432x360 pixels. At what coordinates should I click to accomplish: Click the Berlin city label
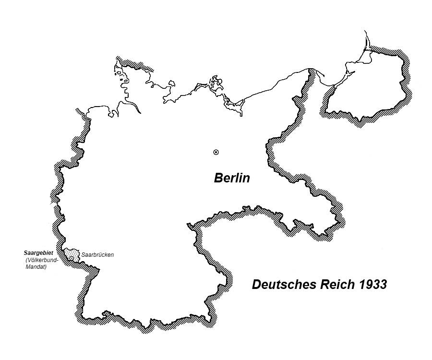point(232,178)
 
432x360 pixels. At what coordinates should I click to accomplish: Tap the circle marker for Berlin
point(216,152)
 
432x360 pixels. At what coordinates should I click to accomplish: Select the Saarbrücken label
point(97,254)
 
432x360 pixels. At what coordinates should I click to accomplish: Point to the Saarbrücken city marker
point(72,258)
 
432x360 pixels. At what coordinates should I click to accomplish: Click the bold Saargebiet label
point(38,252)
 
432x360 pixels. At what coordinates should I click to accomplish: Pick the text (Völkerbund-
point(42,260)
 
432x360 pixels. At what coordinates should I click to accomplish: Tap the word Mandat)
point(36,267)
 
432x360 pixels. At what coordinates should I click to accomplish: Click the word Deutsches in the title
point(283,285)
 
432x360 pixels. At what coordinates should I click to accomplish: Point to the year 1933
point(372,285)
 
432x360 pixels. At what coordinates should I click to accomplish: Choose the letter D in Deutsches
point(256,285)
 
